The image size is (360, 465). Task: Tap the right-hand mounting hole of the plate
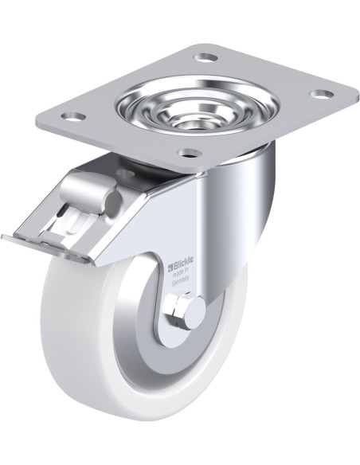click(320, 94)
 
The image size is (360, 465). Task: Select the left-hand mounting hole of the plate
click(73, 116)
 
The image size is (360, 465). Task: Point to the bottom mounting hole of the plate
click(190, 153)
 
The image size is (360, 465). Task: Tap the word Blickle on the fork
click(183, 260)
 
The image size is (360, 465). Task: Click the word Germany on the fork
click(180, 280)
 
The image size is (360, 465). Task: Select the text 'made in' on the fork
click(181, 271)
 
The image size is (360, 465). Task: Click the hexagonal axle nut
click(175, 309)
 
